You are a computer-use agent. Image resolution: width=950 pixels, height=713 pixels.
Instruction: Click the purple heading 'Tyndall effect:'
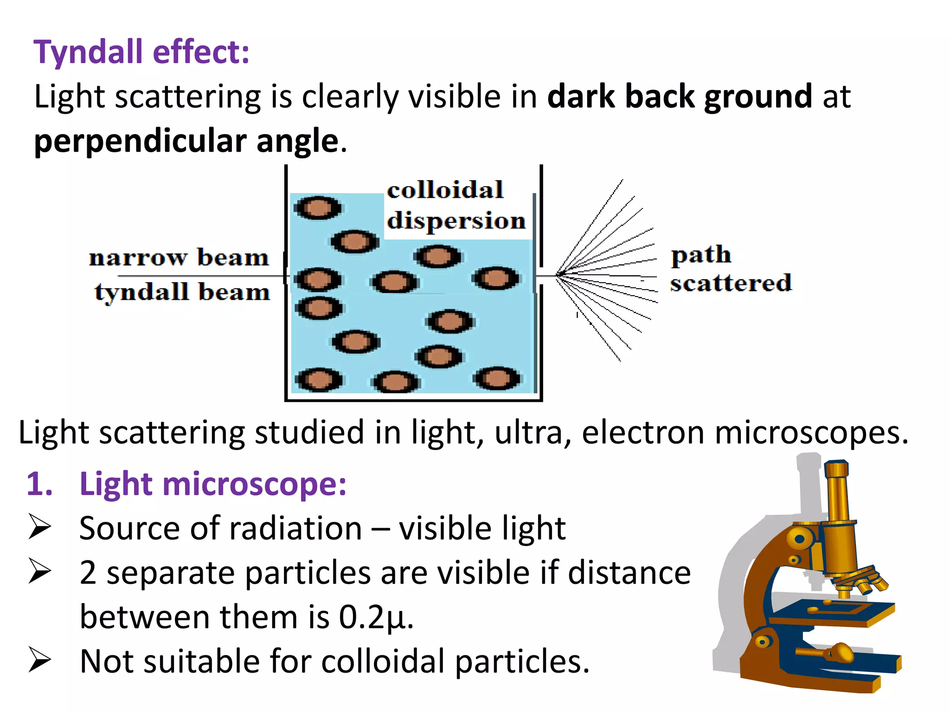click(x=141, y=52)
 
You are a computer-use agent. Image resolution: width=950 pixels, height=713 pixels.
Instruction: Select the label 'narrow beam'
click(x=179, y=258)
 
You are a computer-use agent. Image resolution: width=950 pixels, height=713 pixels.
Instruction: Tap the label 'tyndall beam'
click(x=182, y=292)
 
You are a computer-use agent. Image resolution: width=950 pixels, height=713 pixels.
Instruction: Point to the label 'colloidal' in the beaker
click(x=445, y=190)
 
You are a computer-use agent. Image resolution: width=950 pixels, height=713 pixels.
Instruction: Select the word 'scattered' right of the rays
click(x=731, y=283)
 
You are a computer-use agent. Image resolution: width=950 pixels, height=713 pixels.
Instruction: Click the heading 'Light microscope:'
click(x=213, y=484)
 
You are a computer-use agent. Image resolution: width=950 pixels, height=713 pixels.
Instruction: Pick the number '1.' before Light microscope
click(x=39, y=484)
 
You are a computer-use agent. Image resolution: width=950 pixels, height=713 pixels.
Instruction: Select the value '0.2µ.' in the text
click(x=376, y=617)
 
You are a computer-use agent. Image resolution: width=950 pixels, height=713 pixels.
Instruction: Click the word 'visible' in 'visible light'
click(x=445, y=528)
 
